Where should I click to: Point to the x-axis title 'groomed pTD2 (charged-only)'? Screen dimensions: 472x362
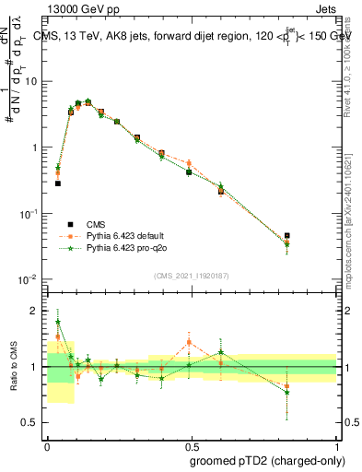(268, 460)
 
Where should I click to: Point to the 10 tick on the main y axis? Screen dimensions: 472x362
(30, 81)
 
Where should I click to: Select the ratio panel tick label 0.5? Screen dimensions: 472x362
(30, 424)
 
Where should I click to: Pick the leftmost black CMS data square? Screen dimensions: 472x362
(58, 183)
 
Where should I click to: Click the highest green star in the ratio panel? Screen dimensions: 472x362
(58, 323)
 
